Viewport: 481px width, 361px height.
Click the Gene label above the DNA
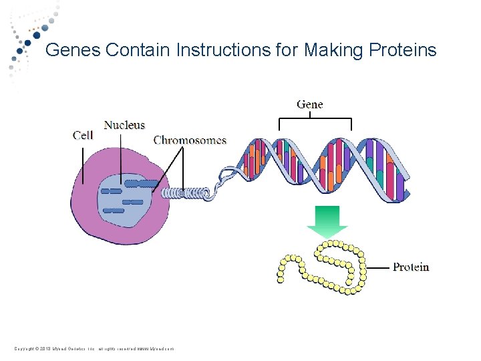309,104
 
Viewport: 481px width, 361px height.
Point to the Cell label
83,135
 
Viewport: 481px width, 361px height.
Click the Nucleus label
124,125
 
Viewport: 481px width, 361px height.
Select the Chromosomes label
190,140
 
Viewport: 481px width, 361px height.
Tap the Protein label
411,267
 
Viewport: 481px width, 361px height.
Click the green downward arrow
323,221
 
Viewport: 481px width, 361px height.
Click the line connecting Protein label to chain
377,267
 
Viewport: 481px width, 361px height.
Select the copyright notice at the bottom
94,348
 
